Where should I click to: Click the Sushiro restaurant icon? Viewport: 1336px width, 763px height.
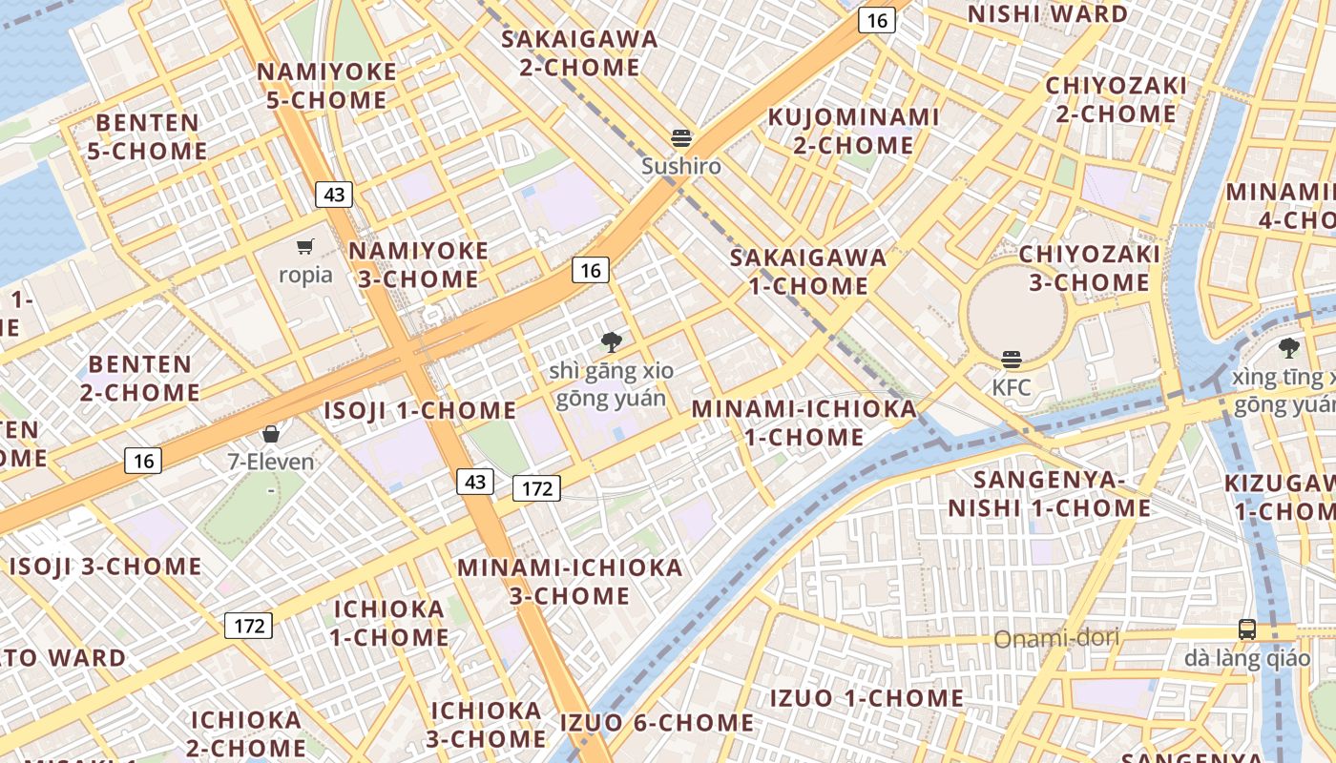[x=681, y=137]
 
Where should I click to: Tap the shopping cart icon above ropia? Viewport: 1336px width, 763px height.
[x=305, y=247]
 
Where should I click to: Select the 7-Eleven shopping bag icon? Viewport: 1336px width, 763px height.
[x=271, y=434]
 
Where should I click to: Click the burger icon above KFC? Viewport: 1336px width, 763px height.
[x=1012, y=360]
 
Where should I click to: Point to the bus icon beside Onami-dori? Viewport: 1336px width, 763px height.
[x=1247, y=629]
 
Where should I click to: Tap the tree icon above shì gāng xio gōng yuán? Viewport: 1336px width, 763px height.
[x=612, y=341]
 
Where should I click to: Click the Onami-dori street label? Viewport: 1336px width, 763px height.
[x=1056, y=638]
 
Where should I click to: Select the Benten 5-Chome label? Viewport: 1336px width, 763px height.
[x=147, y=137]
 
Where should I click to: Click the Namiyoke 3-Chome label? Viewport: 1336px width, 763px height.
[x=418, y=265]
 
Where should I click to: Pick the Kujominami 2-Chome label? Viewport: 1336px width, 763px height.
[x=854, y=132]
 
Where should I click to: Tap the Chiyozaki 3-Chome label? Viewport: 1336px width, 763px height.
[x=1089, y=269]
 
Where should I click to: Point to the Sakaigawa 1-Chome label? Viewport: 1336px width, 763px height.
[x=808, y=272]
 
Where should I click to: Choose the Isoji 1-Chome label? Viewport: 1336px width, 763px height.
[x=420, y=411]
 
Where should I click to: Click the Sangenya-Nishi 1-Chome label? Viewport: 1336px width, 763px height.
[x=1049, y=493]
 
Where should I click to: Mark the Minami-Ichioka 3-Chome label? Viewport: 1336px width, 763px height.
[x=571, y=582]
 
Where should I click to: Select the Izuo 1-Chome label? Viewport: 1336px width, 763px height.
[x=867, y=698]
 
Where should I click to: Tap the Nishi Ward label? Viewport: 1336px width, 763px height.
[x=1048, y=14]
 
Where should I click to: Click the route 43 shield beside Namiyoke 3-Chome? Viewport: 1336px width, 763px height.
[x=334, y=195]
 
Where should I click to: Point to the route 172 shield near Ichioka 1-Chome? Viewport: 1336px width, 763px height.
[x=249, y=626]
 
